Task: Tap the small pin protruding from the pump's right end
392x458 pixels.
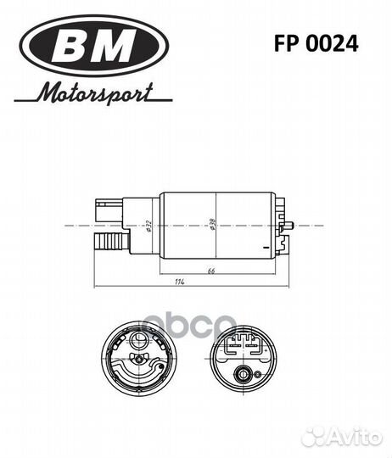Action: point(290,226)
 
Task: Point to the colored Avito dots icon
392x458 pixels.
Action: point(316,435)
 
